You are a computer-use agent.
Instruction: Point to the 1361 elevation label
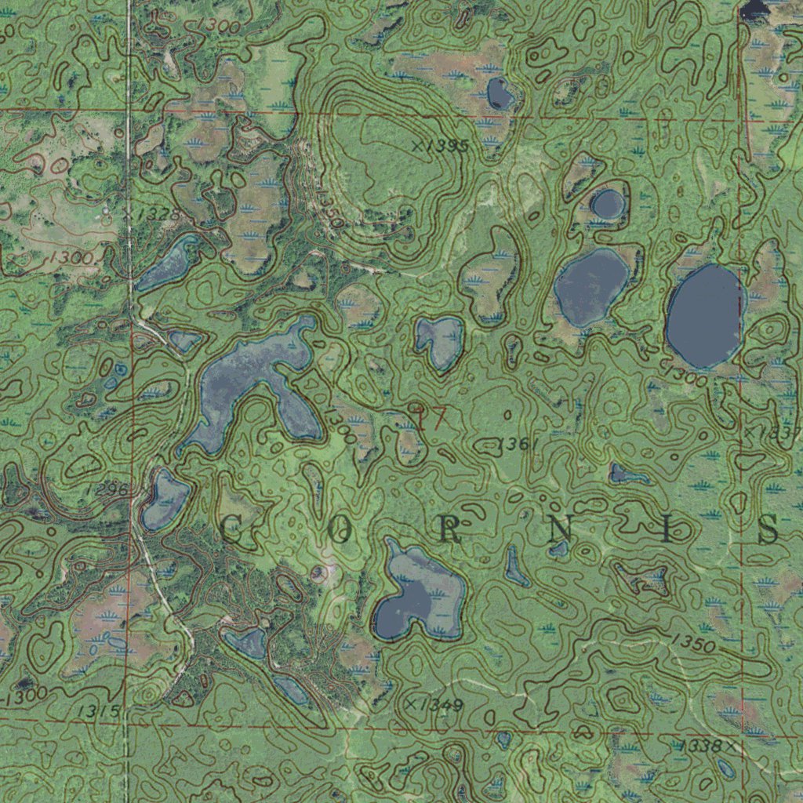518,445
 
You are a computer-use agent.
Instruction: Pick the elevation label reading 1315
100,711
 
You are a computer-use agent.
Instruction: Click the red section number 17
430,417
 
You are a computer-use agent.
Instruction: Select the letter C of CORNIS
231,531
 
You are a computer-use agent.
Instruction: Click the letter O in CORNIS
339,532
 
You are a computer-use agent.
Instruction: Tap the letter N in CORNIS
560,532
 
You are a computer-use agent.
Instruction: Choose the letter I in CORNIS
667,532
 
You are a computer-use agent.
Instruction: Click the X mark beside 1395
417,145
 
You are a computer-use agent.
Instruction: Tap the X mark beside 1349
410,704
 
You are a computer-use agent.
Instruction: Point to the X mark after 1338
731,747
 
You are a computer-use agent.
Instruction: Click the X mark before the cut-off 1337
749,432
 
